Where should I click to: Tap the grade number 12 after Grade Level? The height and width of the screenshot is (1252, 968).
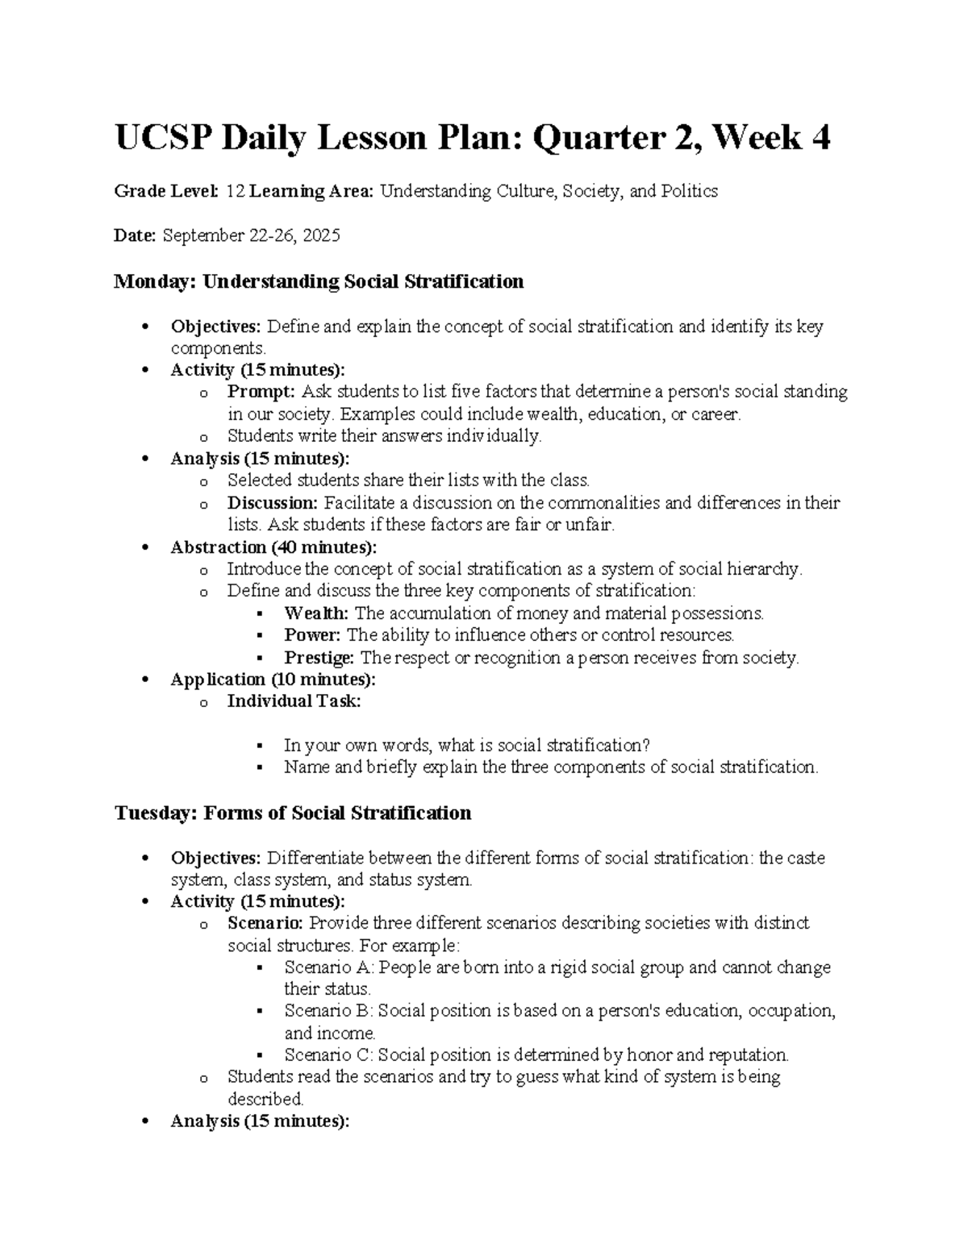click(x=235, y=192)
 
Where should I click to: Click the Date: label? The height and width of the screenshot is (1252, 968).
click(x=135, y=236)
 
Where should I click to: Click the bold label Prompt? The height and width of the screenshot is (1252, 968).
click(x=262, y=393)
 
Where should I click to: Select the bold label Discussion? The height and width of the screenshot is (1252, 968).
click(x=273, y=503)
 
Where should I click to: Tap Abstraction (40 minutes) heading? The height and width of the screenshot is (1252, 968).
click(x=273, y=547)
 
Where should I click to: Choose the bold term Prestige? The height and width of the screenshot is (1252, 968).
click(x=319, y=658)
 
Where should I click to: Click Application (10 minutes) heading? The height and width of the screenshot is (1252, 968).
click(x=273, y=680)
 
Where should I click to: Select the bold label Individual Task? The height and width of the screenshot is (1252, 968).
click(x=294, y=701)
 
